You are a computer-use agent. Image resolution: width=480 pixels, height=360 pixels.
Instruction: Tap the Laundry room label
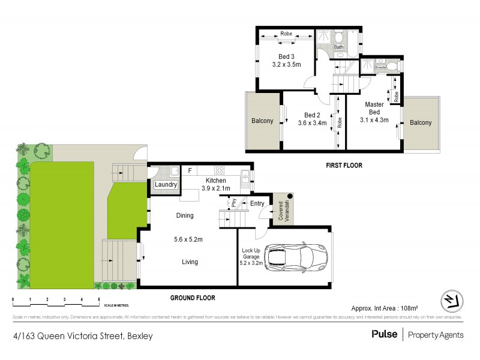[x=166, y=185]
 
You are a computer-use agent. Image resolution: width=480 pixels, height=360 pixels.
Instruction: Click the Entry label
[x=257, y=203]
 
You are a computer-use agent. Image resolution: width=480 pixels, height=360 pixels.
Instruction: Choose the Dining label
[x=185, y=215]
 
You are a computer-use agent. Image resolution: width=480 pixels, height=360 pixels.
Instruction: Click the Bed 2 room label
[x=312, y=119]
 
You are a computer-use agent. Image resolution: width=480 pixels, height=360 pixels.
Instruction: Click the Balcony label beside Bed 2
[x=262, y=121]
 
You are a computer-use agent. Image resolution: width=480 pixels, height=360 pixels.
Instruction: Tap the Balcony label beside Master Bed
[x=421, y=122]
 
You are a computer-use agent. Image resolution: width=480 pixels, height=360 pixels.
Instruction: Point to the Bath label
[x=338, y=47]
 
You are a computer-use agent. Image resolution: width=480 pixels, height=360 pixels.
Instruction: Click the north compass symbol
[x=449, y=299]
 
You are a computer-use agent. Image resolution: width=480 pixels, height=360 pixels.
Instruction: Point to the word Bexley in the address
[x=139, y=336]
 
